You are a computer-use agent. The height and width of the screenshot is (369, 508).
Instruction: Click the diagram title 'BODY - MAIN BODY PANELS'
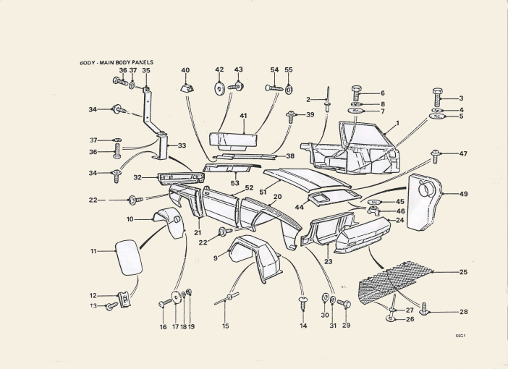(117, 62)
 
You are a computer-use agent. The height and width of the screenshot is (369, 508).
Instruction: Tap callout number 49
(463, 194)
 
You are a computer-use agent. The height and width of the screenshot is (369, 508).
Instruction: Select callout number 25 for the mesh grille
(463, 272)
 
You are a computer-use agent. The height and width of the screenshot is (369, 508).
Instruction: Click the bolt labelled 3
(437, 97)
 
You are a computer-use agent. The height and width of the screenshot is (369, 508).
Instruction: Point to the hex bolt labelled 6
(356, 93)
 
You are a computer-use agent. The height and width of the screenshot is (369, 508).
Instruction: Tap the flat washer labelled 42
(219, 88)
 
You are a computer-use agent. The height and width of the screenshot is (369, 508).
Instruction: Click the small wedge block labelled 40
(187, 88)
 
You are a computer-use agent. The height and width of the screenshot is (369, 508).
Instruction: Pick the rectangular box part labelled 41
(233, 142)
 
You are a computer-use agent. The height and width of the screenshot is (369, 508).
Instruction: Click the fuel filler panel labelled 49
(424, 203)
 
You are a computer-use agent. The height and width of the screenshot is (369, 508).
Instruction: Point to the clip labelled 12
(124, 300)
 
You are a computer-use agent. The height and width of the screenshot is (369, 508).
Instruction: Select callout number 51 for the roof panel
(263, 192)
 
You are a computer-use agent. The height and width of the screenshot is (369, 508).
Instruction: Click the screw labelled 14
(303, 302)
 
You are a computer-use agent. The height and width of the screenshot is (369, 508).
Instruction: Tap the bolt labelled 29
(344, 304)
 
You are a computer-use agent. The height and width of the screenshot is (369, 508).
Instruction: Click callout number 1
(397, 123)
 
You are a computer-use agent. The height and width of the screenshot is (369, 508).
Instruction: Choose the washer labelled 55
(288, 89)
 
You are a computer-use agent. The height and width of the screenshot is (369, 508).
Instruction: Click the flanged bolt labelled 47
(434, 156)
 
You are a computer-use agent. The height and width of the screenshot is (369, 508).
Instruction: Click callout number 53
(235, 183)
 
